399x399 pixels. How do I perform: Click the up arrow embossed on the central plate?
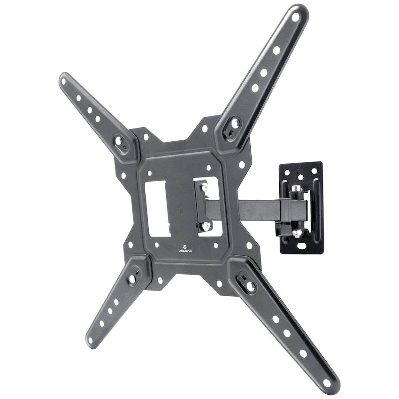coord(181,207)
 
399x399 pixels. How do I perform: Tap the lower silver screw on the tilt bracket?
coord(203,227)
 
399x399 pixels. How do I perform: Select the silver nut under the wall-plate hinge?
coord(296,232)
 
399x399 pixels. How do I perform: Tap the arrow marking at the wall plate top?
coord(301,169)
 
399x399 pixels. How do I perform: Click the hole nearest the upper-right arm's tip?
coord(296,18)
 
